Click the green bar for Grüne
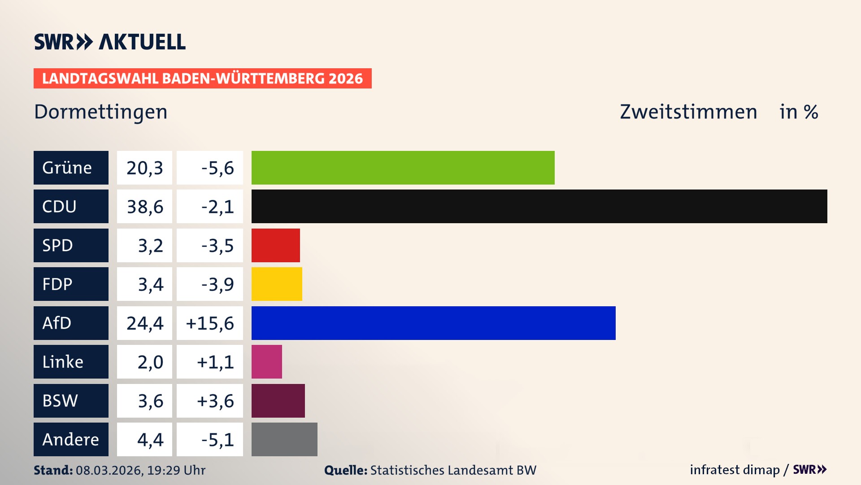pos(403,168)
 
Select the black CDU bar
pos(539,206)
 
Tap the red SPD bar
pos(275,245)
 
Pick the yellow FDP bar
pos(277,284)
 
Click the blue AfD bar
pos(433,323)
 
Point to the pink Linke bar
pos(266,362)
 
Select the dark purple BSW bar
pos(278,401)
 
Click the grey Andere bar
pos(284,439)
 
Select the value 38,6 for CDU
pos(144,207)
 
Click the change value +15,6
pos(210,323)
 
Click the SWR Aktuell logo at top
pos(109,42)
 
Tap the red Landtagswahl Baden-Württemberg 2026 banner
pos(202,78)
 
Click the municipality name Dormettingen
pos(100,112)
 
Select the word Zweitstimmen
pos(688,112)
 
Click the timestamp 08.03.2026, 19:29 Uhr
pos(140,470)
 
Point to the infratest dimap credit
pos(735,470)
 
